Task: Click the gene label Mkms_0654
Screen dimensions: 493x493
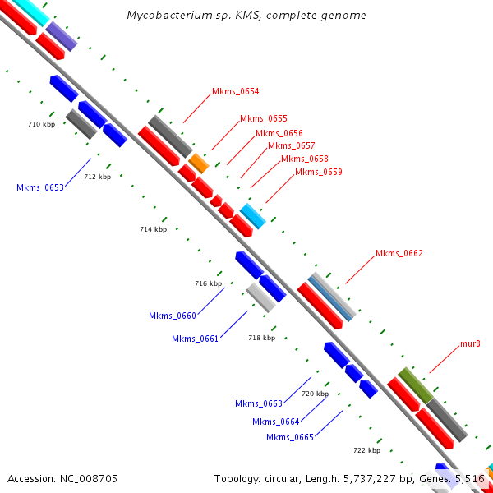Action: pos(236,92)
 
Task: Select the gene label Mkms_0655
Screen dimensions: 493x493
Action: pos(264,119)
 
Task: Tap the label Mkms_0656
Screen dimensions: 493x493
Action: pos(279,133)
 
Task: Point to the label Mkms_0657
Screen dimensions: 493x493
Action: pos(292,146)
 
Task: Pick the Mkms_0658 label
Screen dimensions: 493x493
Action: pos(305,159)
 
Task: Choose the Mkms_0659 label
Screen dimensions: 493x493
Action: pos(319,173)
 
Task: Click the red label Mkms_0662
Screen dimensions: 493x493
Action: pos(399,254)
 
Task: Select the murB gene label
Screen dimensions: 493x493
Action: pos(470,343)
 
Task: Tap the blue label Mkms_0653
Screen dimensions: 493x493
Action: pos(40,188)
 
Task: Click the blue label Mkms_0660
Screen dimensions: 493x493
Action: pos(173,316)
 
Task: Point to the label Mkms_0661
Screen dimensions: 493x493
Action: pos(196,339)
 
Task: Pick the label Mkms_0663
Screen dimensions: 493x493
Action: pos(259,403)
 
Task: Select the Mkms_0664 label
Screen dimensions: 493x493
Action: pos(276,422)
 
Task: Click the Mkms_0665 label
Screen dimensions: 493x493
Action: pos(290,437)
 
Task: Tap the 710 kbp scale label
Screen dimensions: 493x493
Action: pos(42,124)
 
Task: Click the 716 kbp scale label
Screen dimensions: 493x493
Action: pos(209,283)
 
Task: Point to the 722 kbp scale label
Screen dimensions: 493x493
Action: pos(366,450)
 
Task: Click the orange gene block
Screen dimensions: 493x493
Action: pos(199,163)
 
